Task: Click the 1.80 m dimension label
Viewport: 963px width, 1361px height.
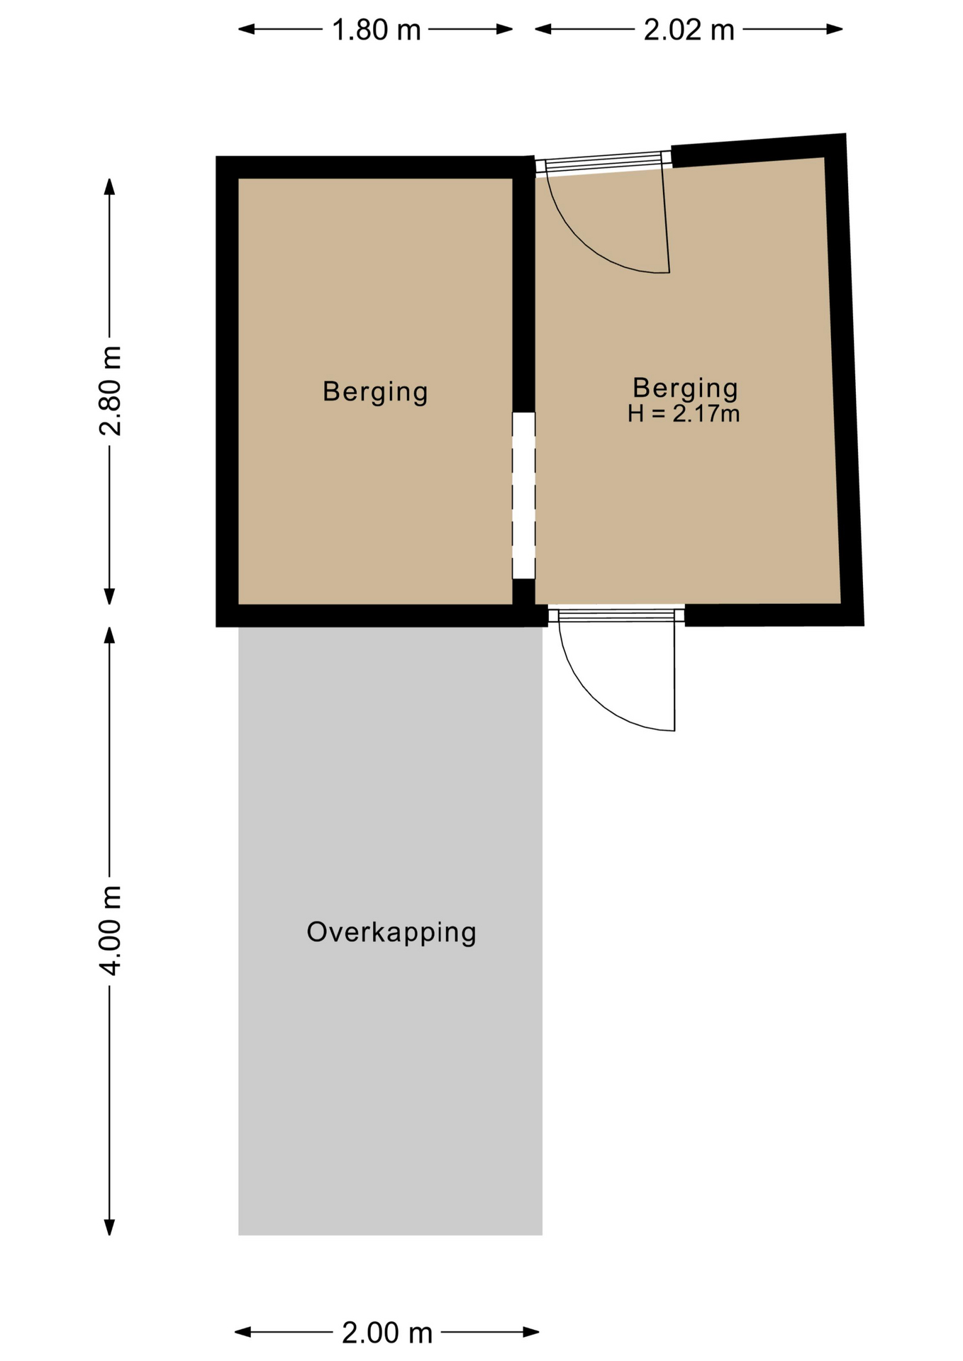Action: [377, 30]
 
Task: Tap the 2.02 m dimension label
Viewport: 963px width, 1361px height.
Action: [689, 30]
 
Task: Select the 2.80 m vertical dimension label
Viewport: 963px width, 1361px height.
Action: [111, 391]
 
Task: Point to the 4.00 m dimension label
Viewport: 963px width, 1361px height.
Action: [111, 930]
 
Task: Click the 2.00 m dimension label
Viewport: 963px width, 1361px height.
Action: [386, 1333]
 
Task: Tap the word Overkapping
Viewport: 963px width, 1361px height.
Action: [391, 933]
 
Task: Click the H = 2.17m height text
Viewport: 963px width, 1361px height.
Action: [684, 413]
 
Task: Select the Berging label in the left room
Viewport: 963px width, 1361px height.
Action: [375, 392]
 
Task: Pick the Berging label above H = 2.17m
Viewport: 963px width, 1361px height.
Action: [685, 388]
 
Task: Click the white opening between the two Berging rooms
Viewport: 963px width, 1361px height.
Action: [524, 495]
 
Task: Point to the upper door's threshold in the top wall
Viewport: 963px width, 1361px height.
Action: [603, 164]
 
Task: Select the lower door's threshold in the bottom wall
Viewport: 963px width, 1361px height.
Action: [616, 615]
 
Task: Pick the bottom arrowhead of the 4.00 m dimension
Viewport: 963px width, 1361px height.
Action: [109, 1227]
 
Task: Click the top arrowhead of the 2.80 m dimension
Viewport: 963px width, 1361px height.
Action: [109, 186]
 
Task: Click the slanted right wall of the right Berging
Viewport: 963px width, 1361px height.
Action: [844, 380]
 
